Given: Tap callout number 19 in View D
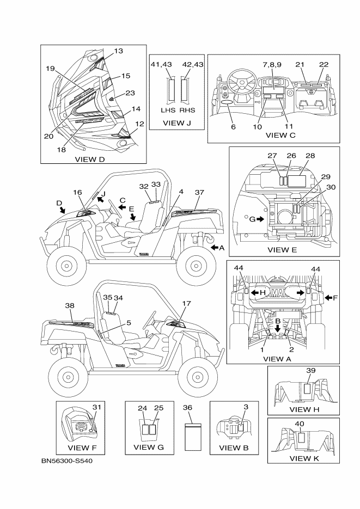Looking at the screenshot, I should tap(51, 69).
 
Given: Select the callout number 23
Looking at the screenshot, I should tap(130, 93).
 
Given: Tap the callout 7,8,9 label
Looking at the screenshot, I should tap(272, 64).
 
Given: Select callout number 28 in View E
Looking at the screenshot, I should tap(310, 156).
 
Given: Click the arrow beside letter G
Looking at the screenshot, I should tap(262, 219).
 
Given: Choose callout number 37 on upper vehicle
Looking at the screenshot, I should tap(199, 192).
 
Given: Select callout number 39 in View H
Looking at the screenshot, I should tap(311, 370).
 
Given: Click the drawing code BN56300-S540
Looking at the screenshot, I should tap(71, 462).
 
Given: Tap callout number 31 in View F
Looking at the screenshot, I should tap(96, 407).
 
